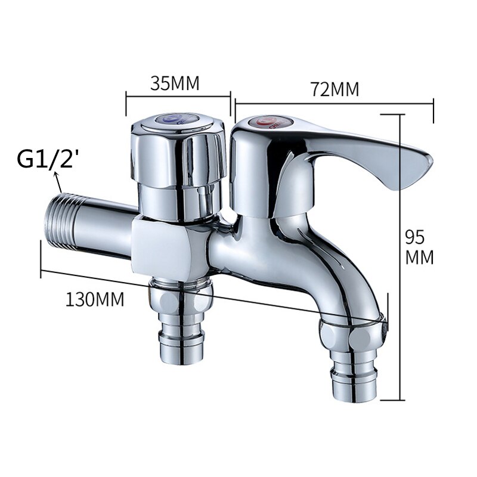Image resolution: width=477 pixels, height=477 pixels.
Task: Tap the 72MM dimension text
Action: coord(335,89)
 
